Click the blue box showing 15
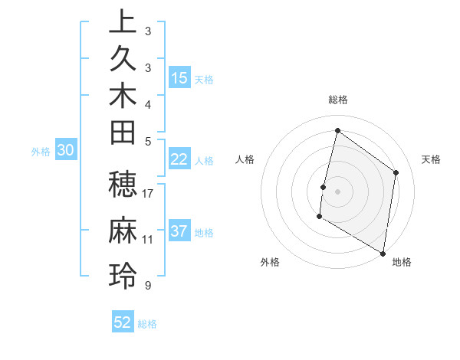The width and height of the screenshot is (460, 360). (179, 77)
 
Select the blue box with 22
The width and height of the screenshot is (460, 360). (179, 159)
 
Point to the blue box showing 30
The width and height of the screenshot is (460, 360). (66, 151)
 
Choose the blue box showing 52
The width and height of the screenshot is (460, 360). (123, 322)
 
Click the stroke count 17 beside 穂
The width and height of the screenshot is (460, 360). (148, 194)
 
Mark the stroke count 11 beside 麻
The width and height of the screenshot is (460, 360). (148, 239)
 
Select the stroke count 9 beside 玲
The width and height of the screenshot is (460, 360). (147, 285)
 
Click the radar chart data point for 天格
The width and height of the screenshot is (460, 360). (396, 172)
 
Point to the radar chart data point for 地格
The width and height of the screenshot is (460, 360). (383, 253)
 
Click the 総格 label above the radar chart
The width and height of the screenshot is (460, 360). (338, 99)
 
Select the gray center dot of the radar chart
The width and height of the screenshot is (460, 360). (337, 191)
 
